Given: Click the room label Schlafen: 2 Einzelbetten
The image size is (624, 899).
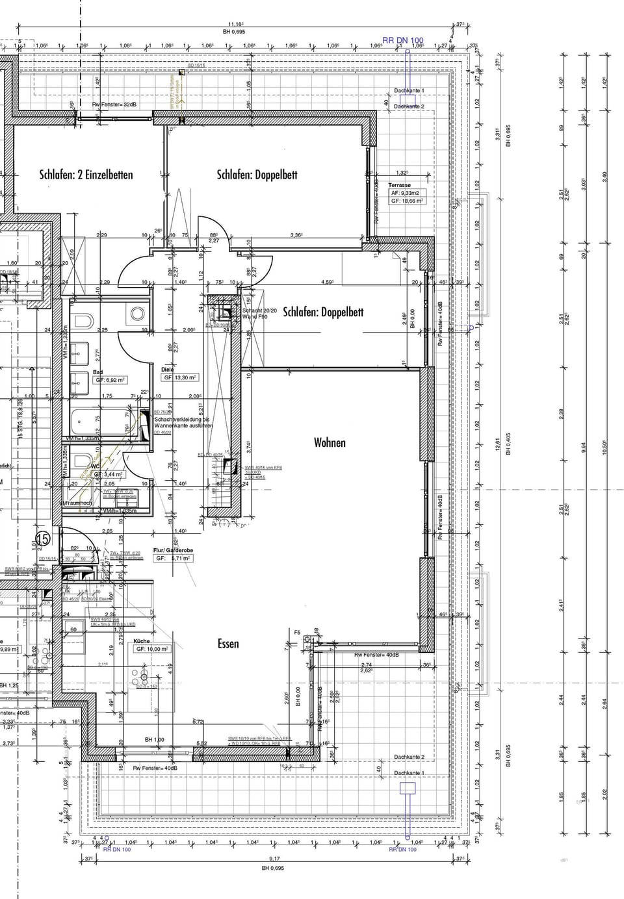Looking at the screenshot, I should click(x=86, y=174).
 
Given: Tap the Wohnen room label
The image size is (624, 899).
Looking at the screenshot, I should click(x=330, y=442).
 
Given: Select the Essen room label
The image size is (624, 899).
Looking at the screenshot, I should click(x=228, y=644).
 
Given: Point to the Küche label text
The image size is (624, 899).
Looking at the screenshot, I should click(x=142, y=640).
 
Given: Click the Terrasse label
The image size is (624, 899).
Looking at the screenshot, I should click(x=400, y=185).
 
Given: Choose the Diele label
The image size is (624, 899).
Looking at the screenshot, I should click(x=167, y=370).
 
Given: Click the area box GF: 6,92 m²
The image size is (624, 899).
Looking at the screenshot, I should click(x=110, y=379).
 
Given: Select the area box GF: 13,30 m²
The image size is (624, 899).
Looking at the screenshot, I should click(x=180, y=377).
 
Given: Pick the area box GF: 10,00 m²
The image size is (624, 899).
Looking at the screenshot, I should click(x=152, y=648).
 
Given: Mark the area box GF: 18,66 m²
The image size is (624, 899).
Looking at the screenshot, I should click(x=407, y=201).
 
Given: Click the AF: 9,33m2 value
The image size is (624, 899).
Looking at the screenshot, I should click(x=405, y=193).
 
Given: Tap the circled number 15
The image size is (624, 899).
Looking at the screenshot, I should click(x=43, y=538).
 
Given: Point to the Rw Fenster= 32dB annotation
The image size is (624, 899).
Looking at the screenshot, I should click(x=114, y=105).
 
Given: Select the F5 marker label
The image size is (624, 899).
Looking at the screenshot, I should click(x=297, y=632).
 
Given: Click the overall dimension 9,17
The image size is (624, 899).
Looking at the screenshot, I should click(x=274, y=858).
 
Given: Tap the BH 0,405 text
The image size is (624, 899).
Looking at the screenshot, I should click(x=509, y=442).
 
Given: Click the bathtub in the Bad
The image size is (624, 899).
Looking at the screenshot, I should click(x=97, y=422).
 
